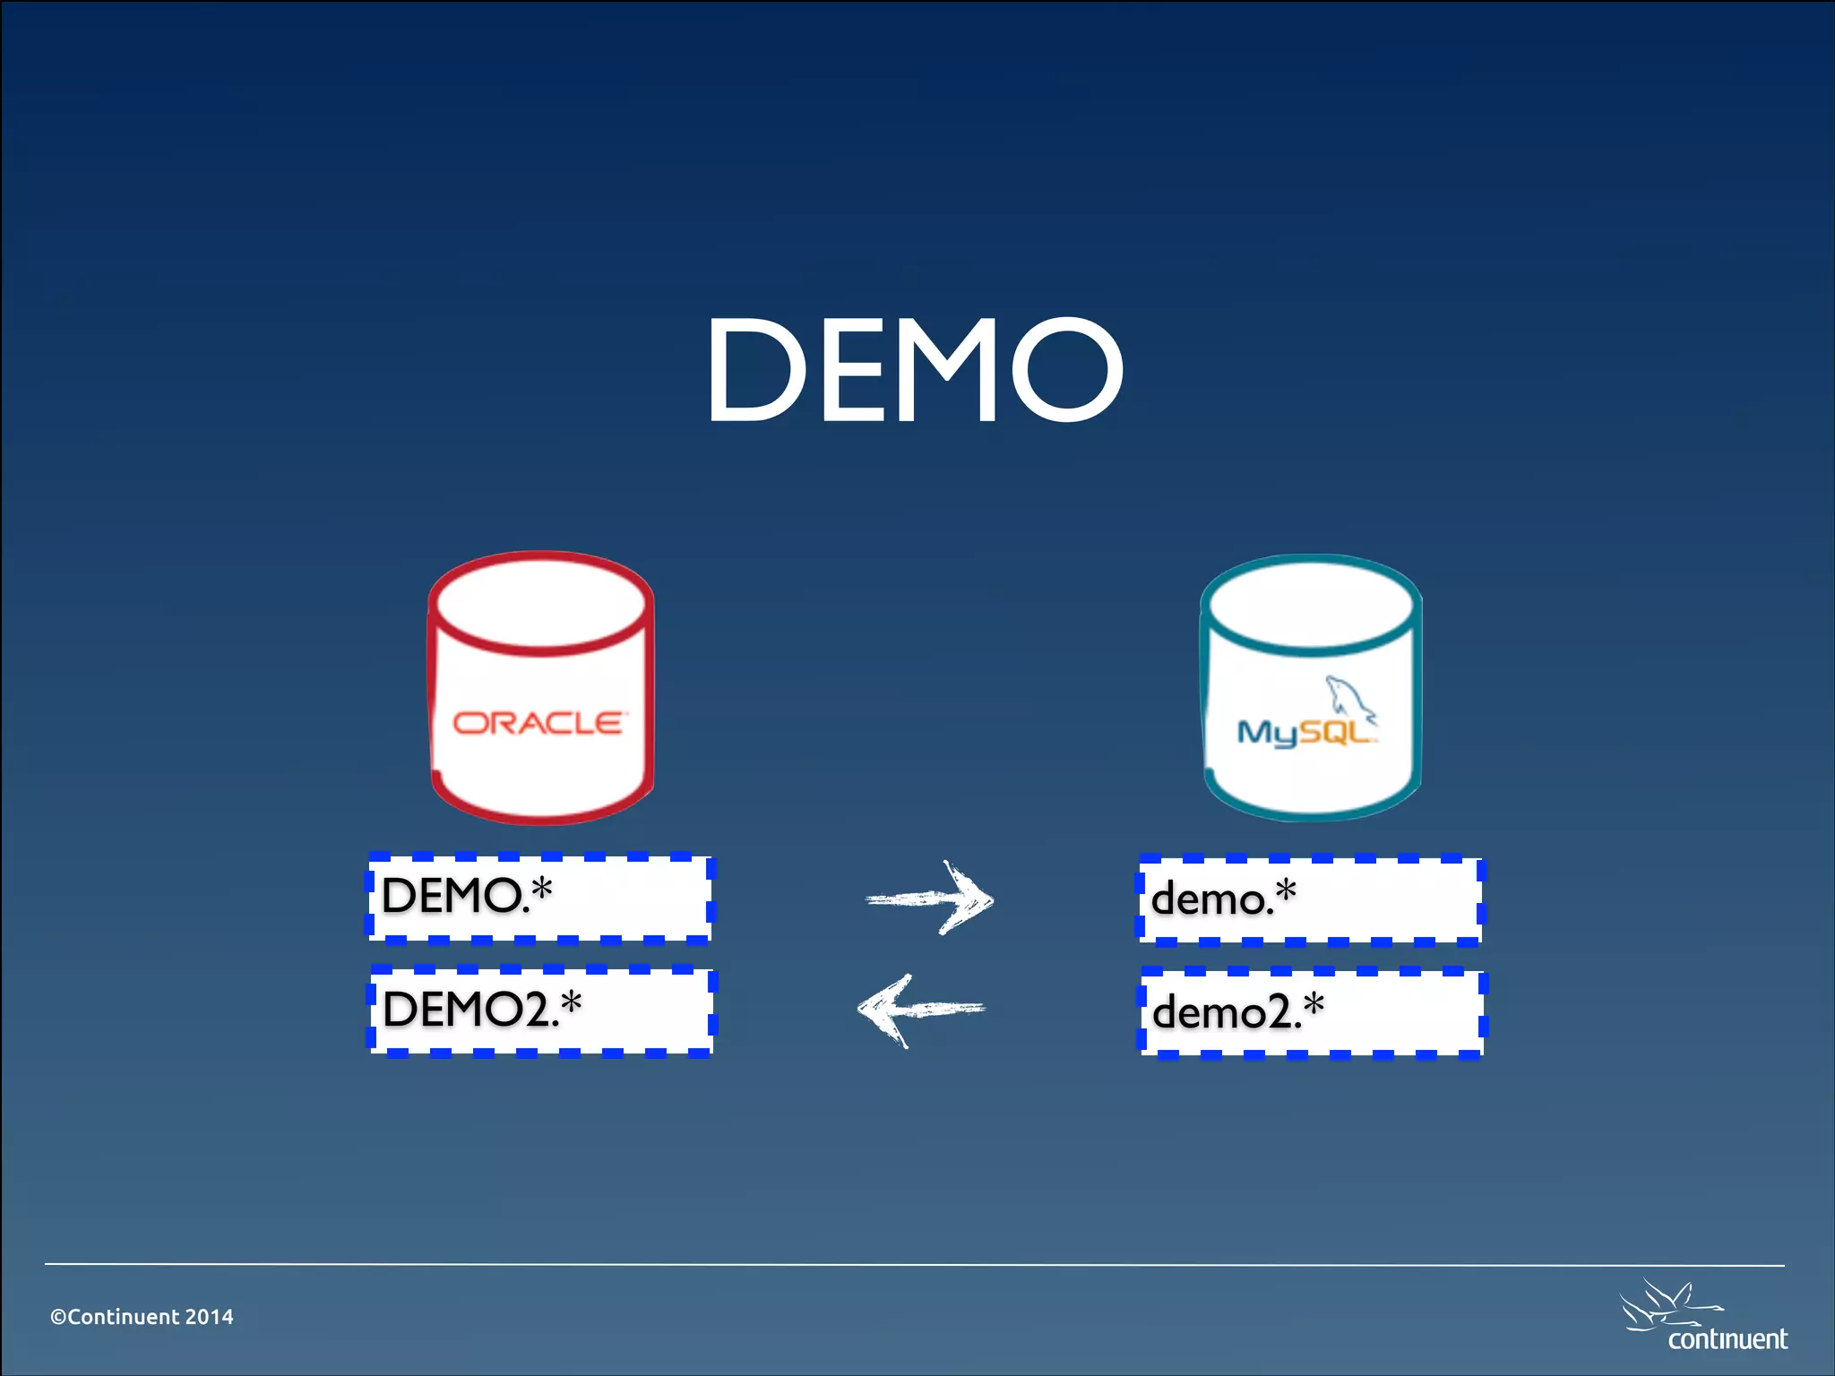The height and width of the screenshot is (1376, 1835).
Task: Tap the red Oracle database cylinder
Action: (540, 688)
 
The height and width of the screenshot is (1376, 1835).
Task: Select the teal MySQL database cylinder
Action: (1311, 688)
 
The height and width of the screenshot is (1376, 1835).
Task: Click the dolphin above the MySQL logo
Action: (1350, 699)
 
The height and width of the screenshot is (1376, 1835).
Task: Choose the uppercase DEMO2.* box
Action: (541, 1010)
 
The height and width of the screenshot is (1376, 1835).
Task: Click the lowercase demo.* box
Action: (1311, 899)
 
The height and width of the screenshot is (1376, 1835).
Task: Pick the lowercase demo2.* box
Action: (1312, 1012)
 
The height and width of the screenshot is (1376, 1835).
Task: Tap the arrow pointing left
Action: (921, 1010)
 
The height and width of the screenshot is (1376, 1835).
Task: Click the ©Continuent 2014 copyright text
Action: (142, 1317)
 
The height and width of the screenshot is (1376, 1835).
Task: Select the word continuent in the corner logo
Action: (1727, 1339)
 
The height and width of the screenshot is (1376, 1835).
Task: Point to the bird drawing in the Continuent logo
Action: (1667, 1306)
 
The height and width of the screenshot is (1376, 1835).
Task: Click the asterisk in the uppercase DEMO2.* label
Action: (570, 1003)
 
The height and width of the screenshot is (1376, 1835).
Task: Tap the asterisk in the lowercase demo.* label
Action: (1286, 890)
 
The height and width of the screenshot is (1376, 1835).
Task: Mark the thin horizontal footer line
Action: (914, 1265)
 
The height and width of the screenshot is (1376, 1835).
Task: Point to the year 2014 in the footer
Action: (209, 1317)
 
